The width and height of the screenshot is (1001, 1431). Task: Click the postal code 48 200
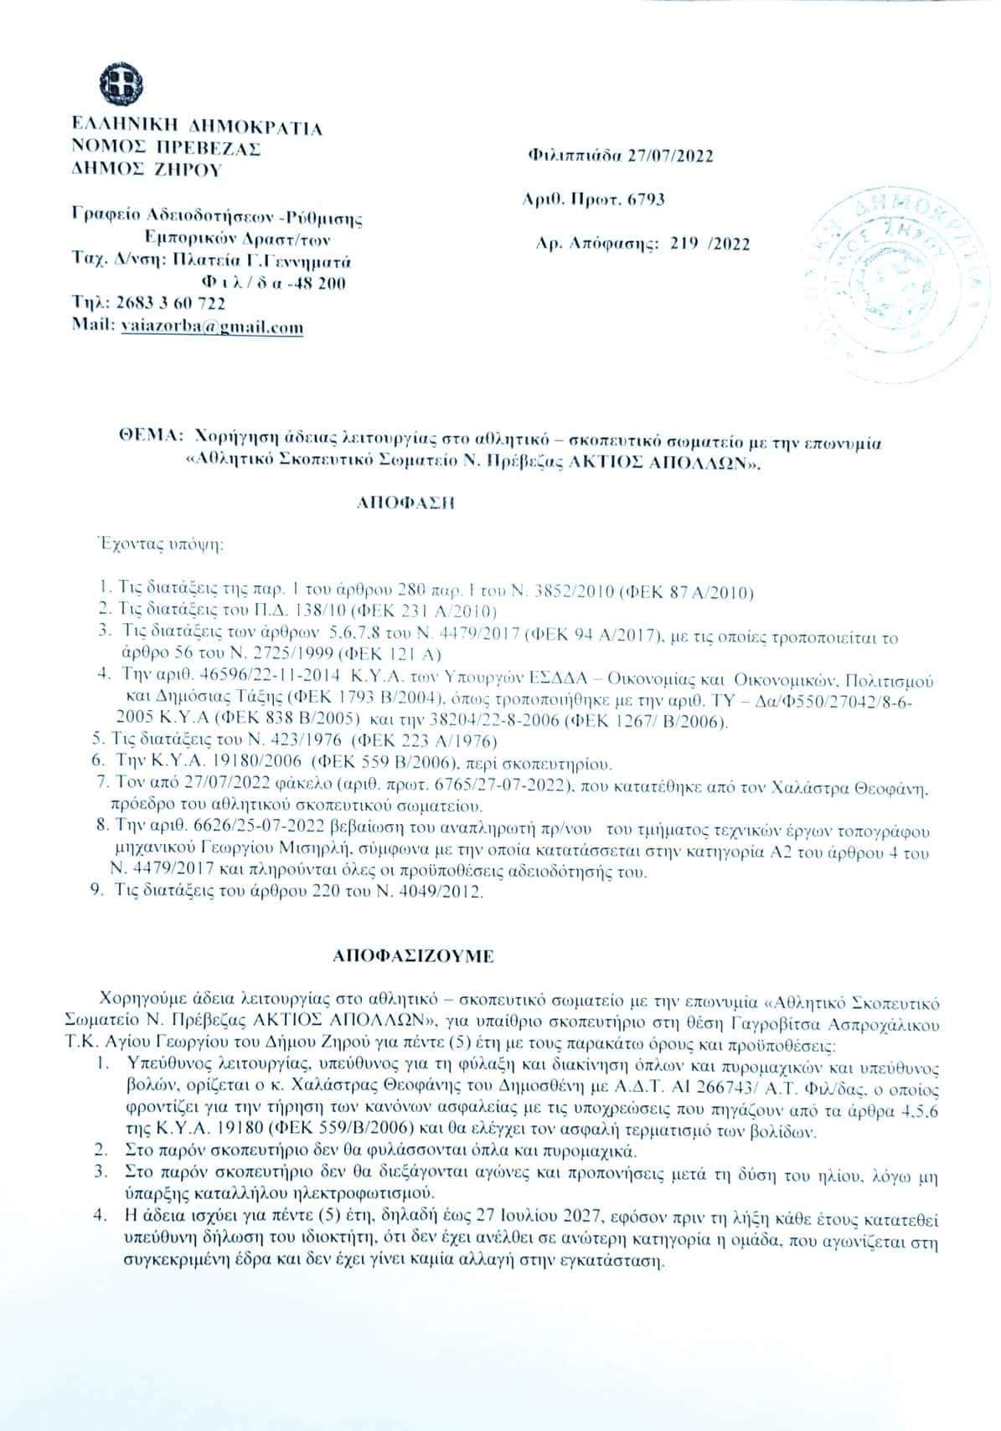(x=316, y=282)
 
